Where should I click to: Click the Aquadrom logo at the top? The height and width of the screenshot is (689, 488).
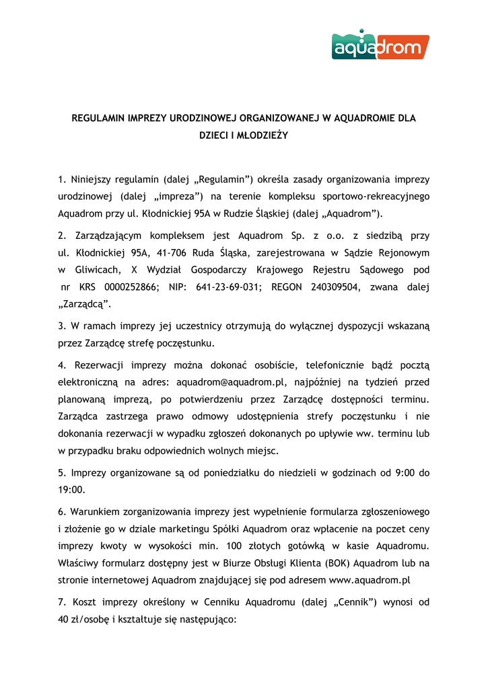tap(380, 44)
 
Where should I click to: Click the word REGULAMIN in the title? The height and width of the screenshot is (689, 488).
tap(99, 118)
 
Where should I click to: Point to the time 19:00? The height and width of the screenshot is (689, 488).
tap(71, 490)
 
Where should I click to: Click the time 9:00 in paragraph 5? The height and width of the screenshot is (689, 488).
tap(402, 473)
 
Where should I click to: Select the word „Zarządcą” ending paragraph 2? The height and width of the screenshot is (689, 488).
tap(85, 304)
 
